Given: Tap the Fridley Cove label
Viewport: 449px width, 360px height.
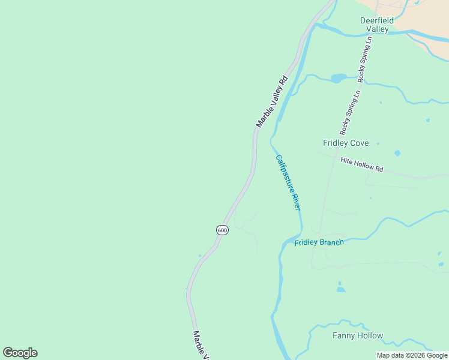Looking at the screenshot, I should tap(346, 143).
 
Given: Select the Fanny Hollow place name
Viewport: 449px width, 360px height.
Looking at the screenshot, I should tap(358, 335).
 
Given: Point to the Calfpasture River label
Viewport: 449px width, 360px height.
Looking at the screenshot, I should tap(288, 182).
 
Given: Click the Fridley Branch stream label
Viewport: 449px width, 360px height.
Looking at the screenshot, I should tap(319, 242).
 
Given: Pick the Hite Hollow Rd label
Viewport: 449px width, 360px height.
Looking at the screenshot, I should tap(361, 165).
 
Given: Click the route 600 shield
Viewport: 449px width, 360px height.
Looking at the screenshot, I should tap(222, 230).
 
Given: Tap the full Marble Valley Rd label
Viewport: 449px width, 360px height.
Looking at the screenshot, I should tap(272, 101).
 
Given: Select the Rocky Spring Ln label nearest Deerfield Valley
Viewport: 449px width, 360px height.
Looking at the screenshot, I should tap(365, 59).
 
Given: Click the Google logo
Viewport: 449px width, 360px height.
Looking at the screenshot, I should tap(20, 353).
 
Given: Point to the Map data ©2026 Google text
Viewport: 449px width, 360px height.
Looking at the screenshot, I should tap(412, 355).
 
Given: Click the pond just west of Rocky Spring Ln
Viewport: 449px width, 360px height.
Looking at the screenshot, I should tap(339, 78).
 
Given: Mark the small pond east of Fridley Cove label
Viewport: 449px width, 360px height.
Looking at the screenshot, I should tap(397, 153).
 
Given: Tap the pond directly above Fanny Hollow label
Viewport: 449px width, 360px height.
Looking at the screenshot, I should tap(341, 289).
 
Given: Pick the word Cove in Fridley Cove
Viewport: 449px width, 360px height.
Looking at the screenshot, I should tap(359, 143).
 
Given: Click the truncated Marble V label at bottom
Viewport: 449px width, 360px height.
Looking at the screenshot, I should tap(200, 346).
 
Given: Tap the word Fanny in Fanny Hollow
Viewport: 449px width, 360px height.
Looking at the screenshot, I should tap(344, 335).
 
